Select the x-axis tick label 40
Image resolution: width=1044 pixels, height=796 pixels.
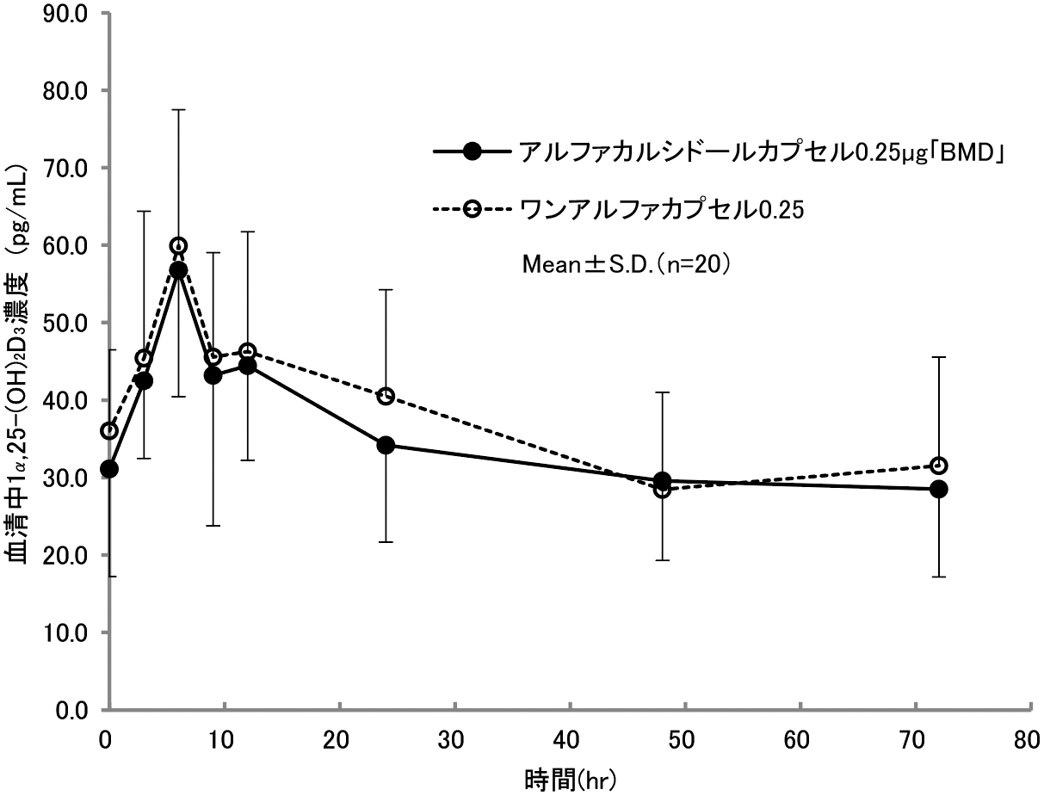[570, 739]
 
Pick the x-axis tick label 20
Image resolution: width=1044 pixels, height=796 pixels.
[340, 739]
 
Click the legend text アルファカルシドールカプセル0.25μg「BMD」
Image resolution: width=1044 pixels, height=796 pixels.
[762, 152]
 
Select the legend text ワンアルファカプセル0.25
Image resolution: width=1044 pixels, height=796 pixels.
[661, 210]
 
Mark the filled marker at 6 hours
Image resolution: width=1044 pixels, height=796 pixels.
[178, 270]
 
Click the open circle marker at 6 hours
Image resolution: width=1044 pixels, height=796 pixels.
[178, 246]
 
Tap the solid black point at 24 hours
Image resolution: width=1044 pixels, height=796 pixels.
[386, 445]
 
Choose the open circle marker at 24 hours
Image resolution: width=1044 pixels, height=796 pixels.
[386, 396]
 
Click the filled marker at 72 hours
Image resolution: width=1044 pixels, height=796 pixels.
[939, 489]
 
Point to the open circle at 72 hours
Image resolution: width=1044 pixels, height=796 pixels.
[939, 466]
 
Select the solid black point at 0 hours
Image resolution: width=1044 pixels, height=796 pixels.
[109, 469]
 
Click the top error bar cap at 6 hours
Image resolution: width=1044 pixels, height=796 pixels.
[178, 109]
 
